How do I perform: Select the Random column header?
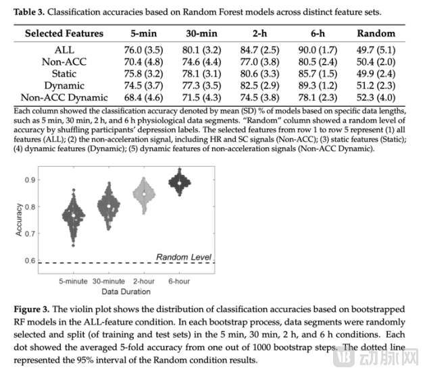click(376, 33)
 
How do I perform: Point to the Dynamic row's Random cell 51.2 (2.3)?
click(376, 86)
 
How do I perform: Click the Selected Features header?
click(64, 33)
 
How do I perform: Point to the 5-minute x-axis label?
click(74, 281)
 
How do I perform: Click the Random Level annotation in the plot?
click(184, 257)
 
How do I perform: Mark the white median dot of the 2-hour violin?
click(144, 194)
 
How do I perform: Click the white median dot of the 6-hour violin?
click(179, 182)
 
